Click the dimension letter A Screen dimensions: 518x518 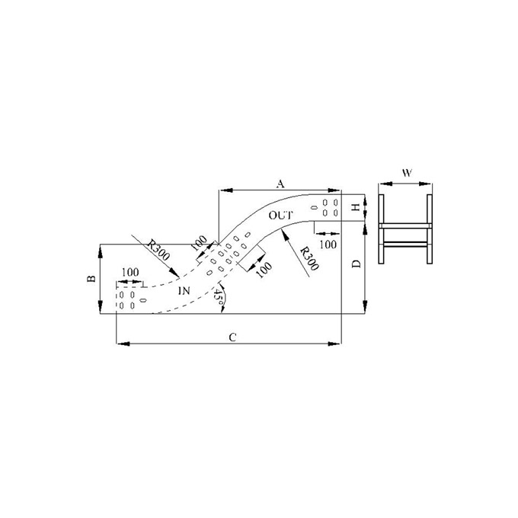280,184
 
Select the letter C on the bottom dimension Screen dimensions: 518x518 232,337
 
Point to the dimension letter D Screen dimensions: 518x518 357,264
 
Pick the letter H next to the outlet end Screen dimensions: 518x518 356,207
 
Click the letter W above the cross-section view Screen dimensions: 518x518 407,173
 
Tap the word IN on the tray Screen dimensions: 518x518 184,291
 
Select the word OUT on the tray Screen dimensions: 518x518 280,216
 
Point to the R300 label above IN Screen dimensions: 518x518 158,250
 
